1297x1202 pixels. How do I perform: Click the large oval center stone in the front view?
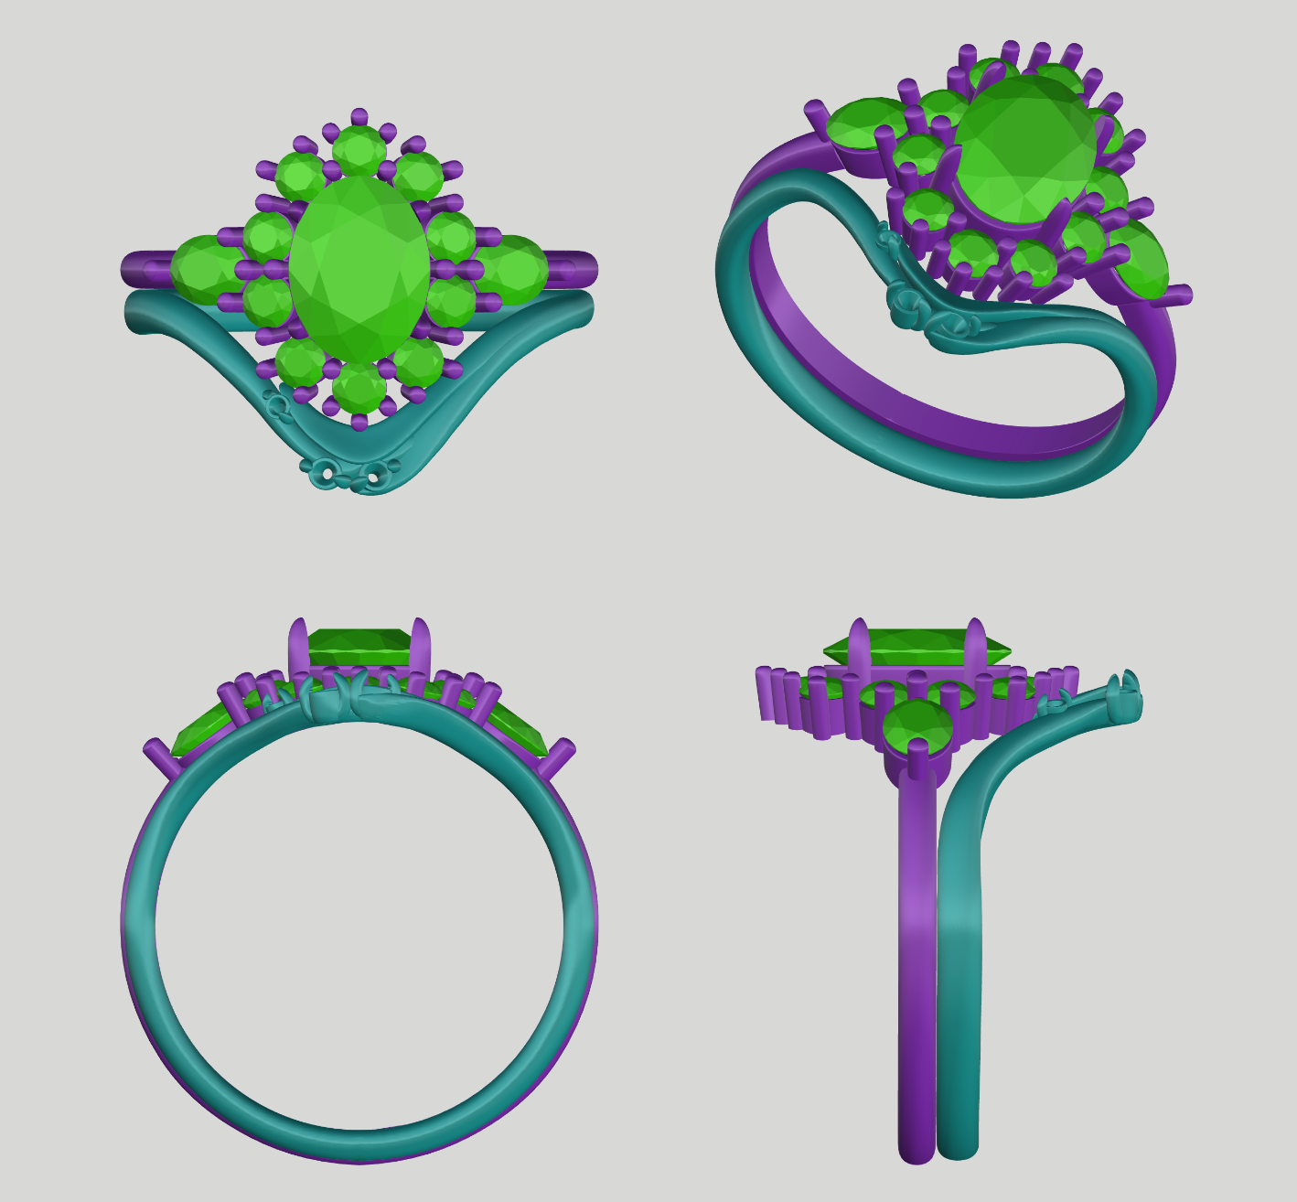359,270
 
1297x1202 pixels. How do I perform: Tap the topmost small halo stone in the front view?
359,149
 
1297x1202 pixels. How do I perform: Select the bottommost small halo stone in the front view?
359,390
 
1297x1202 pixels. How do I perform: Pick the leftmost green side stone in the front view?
203,270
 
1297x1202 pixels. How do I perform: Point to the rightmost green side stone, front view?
514,270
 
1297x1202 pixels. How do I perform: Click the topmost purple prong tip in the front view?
359,116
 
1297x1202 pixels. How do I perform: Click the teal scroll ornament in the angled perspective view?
924,311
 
